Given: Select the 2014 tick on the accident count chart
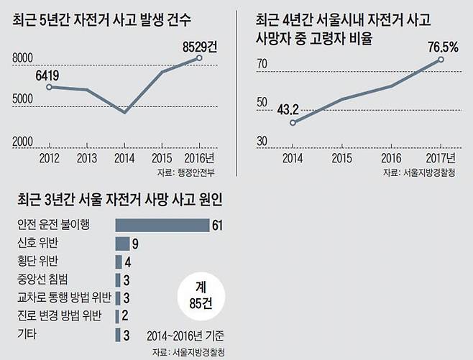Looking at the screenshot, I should click(x=125, y=157).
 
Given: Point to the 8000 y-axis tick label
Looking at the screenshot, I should click(x=26, y=57).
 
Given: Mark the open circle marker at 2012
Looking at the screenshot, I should click(x=49, y=87).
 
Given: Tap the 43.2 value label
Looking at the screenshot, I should click(x=287, y=109).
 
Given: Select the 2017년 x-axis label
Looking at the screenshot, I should click(x=439, y=157).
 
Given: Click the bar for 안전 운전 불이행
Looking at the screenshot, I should click(x=162, y=225).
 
